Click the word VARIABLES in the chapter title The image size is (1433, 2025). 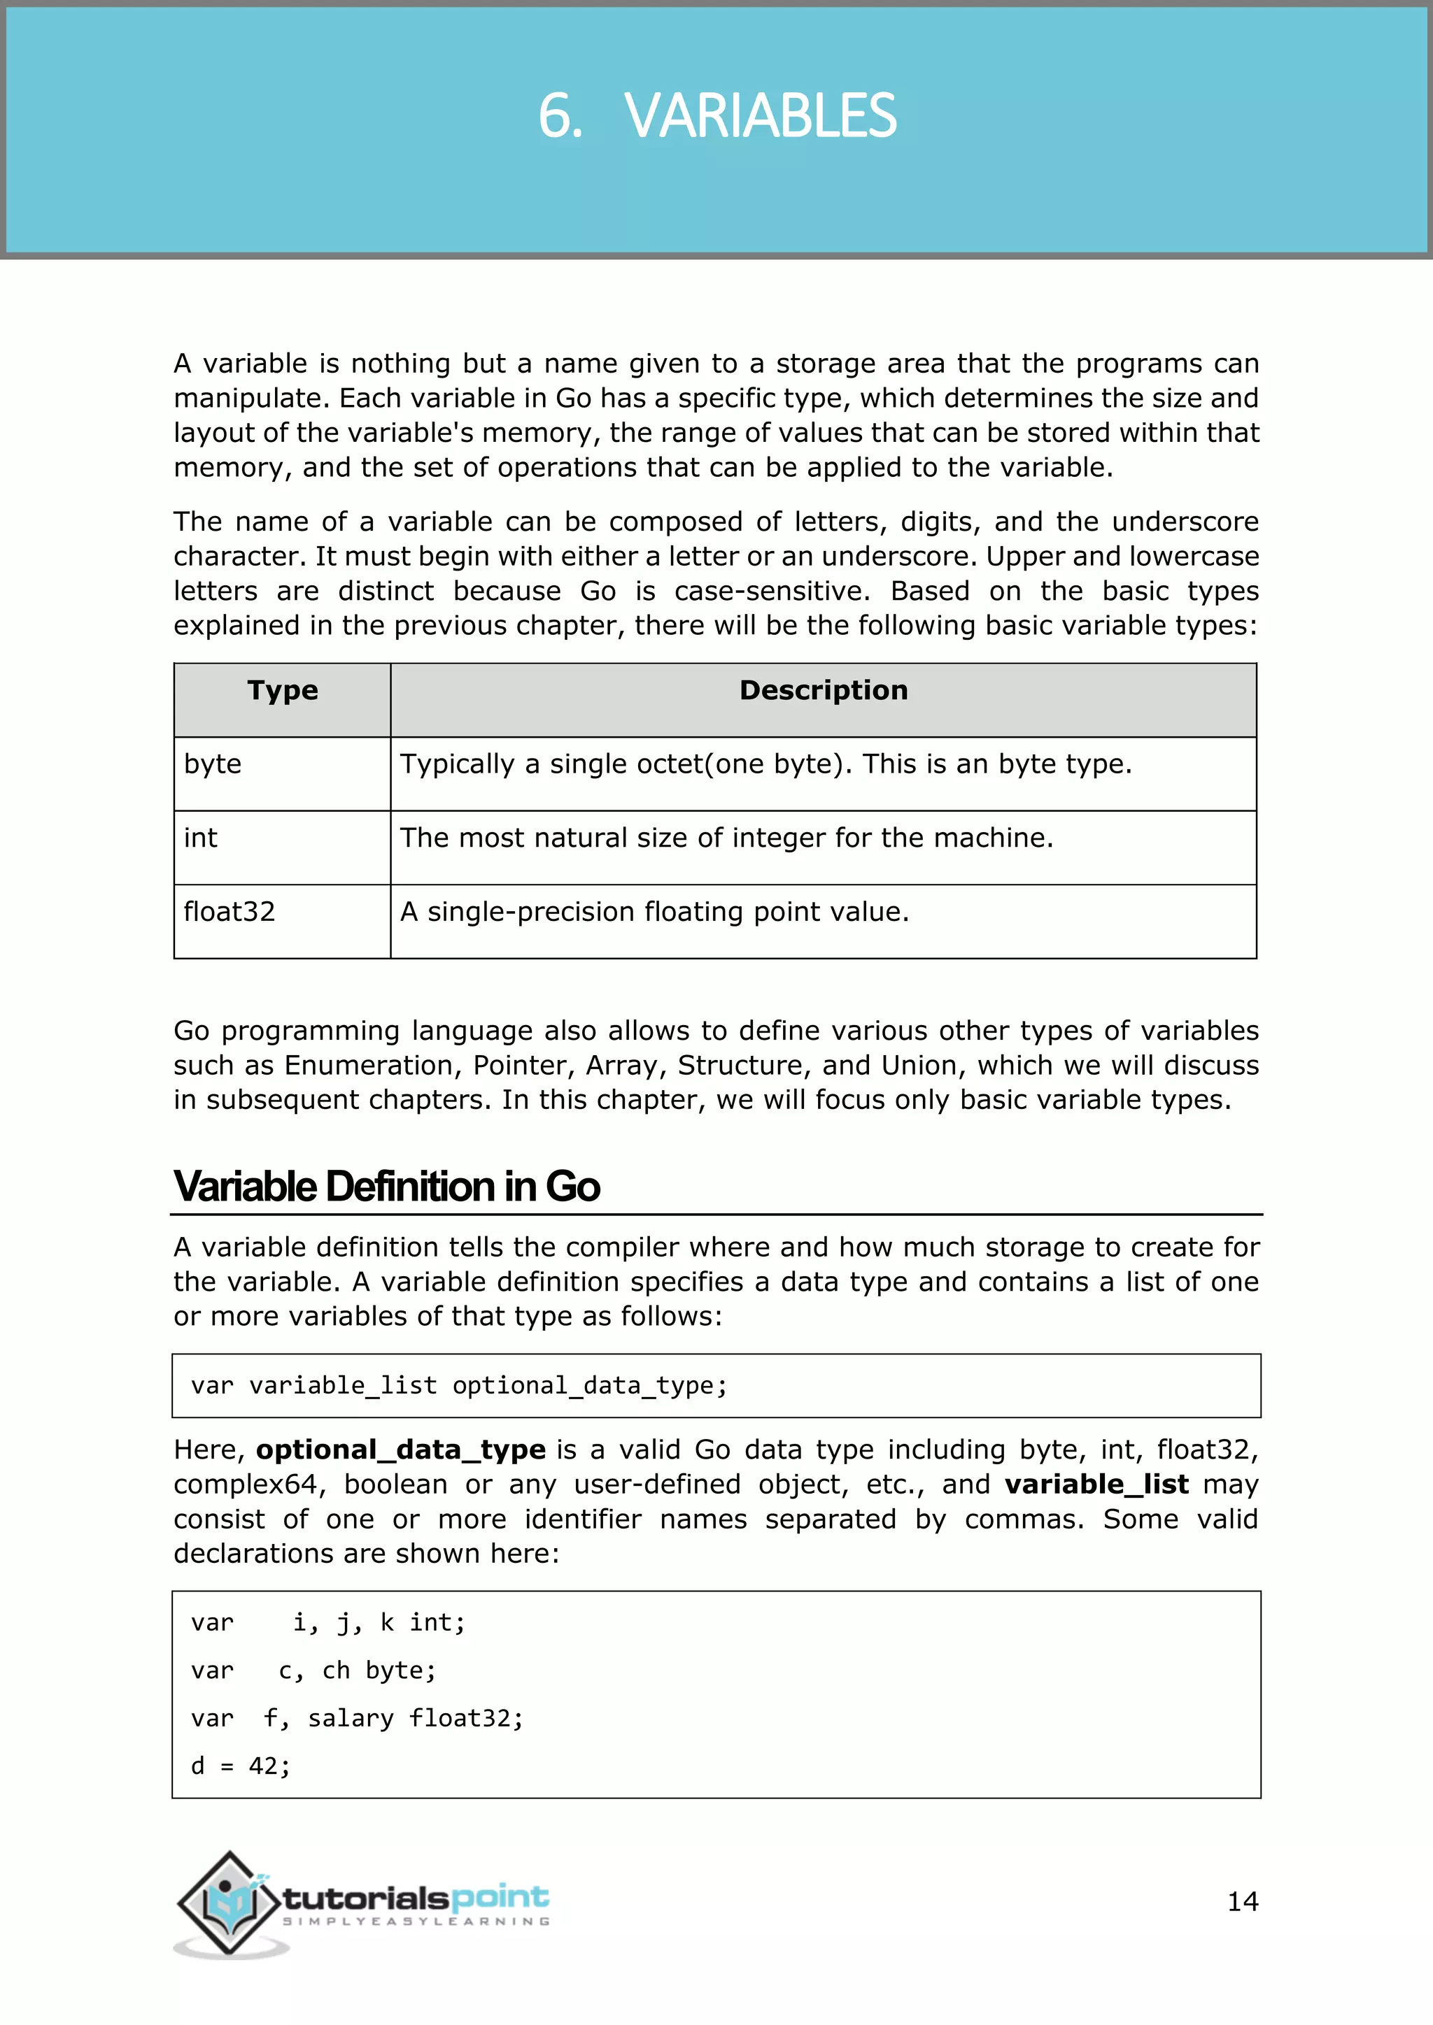(x=760, y=116)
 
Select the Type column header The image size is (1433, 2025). (x=283, y=691)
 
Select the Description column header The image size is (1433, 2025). (x=824, y=691)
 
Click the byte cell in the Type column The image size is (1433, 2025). (x=213, y=764)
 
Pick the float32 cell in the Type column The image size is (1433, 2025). (x=230, y=911)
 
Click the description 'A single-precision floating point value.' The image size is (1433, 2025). (x=654, y=911)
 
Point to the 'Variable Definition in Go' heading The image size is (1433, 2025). (x=386, y=1186)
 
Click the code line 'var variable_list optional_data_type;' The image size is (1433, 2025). (x=459, y=1386)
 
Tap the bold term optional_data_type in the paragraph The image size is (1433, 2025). (x=401, y=1450)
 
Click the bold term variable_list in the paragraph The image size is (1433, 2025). (x=1097, y=1484)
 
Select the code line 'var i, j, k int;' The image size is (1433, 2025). (x=328, y=1623)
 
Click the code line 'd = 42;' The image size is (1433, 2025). (x=240, y=1766)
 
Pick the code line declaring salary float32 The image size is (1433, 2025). (x=358, y=1718)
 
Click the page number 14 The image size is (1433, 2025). (x=1243, y=1901)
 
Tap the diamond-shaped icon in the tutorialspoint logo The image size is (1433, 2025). (x=230, y=1903)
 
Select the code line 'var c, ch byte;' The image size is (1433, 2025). (x=313, y=1670)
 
